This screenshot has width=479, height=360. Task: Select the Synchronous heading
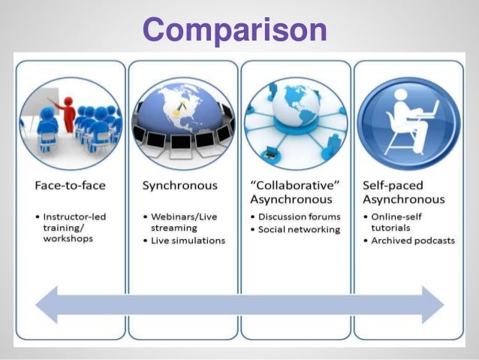(179, 184)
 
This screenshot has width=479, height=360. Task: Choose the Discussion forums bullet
(300, 217)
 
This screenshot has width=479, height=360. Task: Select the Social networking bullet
(300, 229)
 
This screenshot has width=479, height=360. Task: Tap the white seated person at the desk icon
(408, 120)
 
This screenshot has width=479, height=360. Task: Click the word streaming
(174, 228)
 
